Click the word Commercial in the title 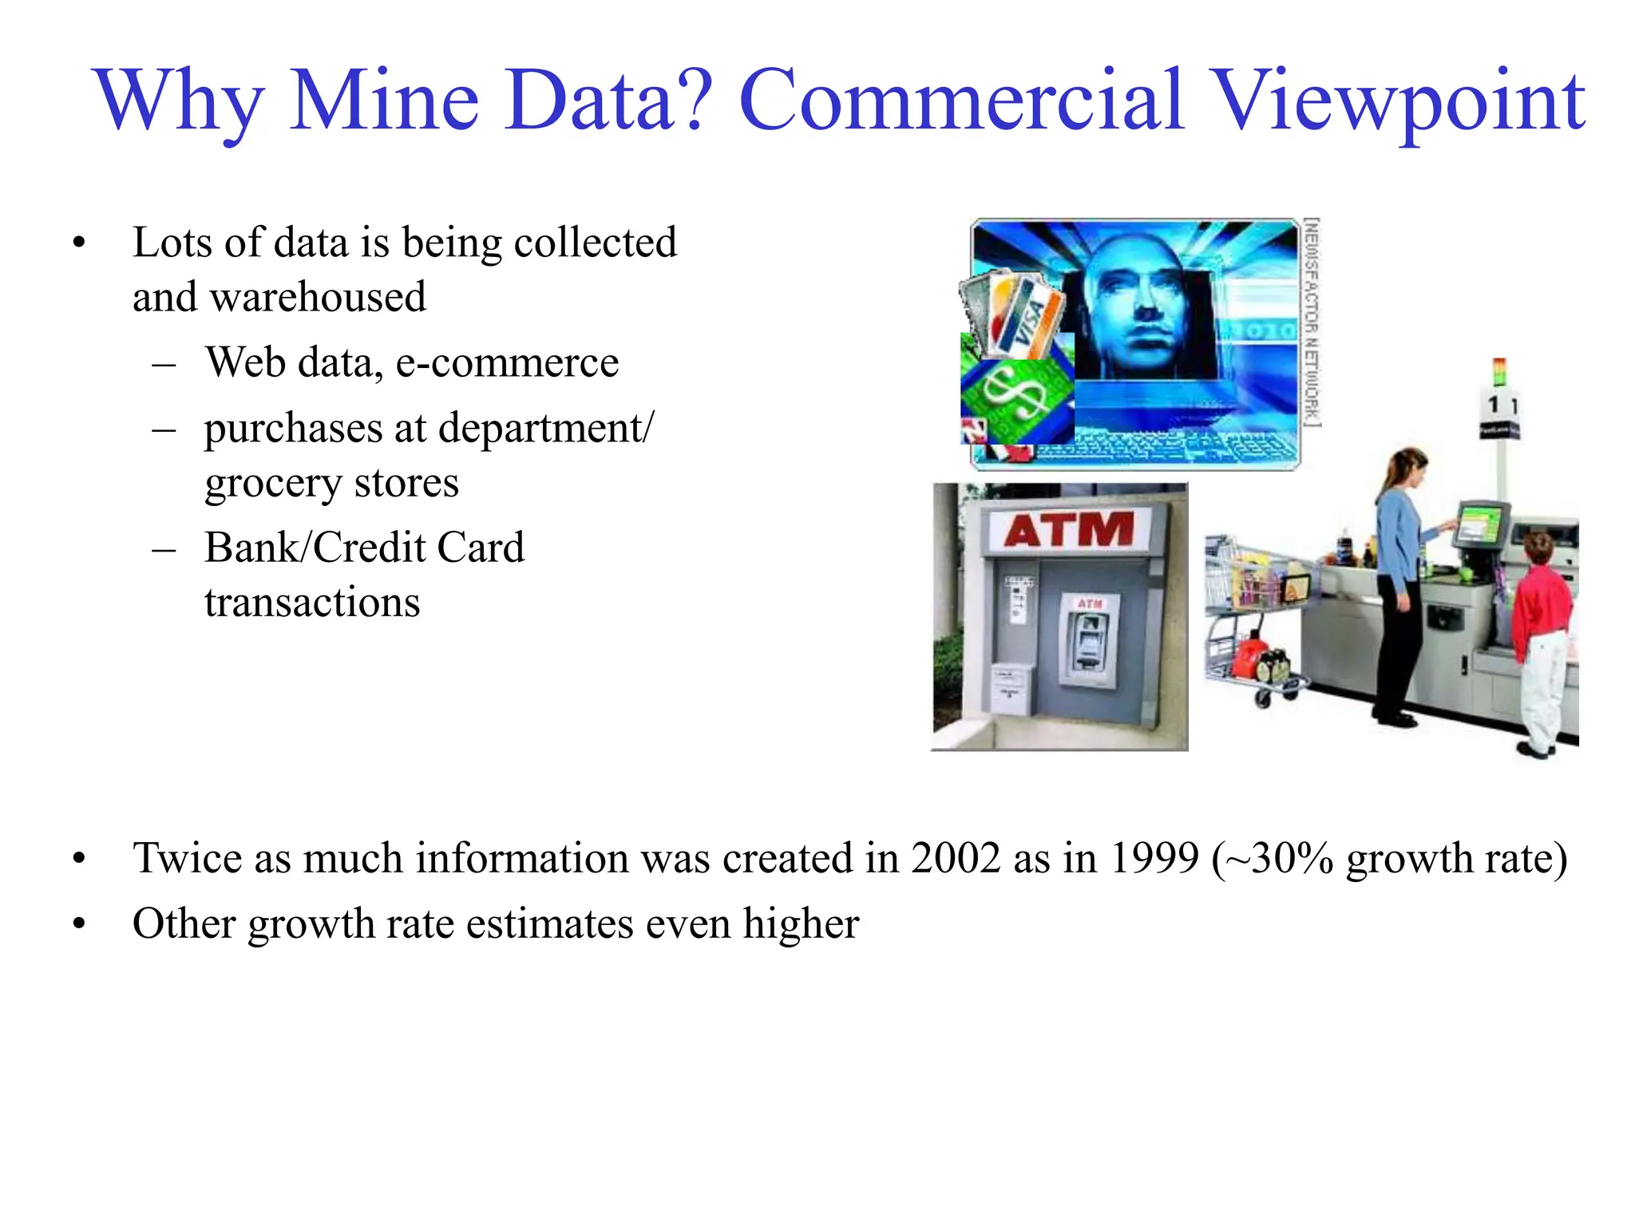(x=961, y=102)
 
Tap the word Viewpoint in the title (x=1397, y=102)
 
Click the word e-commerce (x=507, y=363)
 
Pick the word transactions (x=312, y=603)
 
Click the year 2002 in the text (x=956, y=859)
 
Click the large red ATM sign (x=1069, y=529)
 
